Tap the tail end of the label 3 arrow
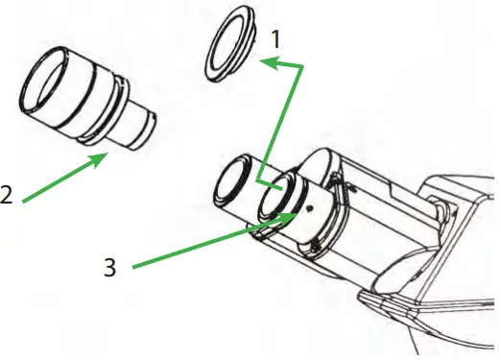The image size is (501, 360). (x=134, y=264)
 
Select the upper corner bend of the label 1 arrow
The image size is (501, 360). (x=303, y=66)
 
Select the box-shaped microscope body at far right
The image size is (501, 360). (x=461, y=221)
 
